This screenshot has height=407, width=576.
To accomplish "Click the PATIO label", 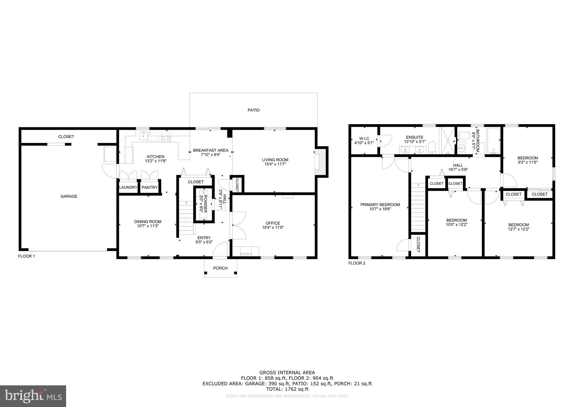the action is [253, 110].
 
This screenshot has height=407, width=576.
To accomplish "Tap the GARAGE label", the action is [69, 196].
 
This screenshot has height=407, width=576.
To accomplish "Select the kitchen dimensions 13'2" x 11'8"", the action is [156, 161].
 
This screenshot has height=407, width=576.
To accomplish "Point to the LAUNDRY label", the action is [128, 187].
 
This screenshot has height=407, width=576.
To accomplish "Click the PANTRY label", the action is [149, 187].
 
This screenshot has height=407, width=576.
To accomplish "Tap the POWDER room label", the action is [205, 203].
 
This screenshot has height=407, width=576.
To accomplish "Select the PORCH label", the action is [220, 268].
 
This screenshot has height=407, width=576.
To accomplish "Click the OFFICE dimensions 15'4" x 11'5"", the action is [273, 227].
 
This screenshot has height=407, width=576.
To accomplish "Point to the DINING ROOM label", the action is [148, 221].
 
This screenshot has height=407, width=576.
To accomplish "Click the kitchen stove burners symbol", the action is [166, 137].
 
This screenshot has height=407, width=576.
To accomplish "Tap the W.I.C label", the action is [364, 139].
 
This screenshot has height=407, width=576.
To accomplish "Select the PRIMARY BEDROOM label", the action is [380, 205].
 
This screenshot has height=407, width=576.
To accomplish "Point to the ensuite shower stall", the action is [447, 141].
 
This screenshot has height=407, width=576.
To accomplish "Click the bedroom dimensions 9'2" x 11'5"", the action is [528, 162].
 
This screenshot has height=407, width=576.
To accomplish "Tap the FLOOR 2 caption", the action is [357, 263].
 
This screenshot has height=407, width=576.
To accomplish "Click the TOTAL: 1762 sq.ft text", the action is [287, 389].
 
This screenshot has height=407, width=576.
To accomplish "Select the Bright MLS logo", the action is [33, 396].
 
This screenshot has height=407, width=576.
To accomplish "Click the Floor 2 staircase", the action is [418, 207].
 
